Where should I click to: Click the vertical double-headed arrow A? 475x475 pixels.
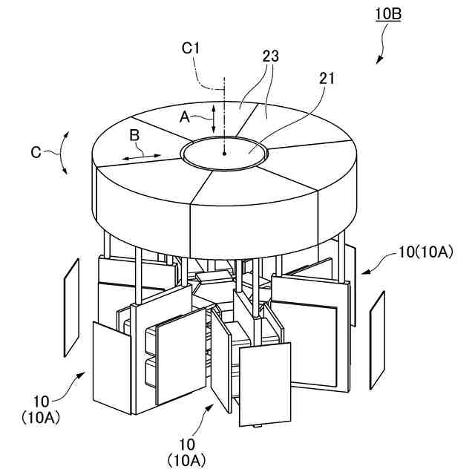(x=214, y=119)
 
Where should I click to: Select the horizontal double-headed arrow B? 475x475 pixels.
(x=141, y=157)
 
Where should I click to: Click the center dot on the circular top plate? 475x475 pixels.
(x=224, y=153)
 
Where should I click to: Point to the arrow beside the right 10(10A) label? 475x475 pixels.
(x=376, y=265)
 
